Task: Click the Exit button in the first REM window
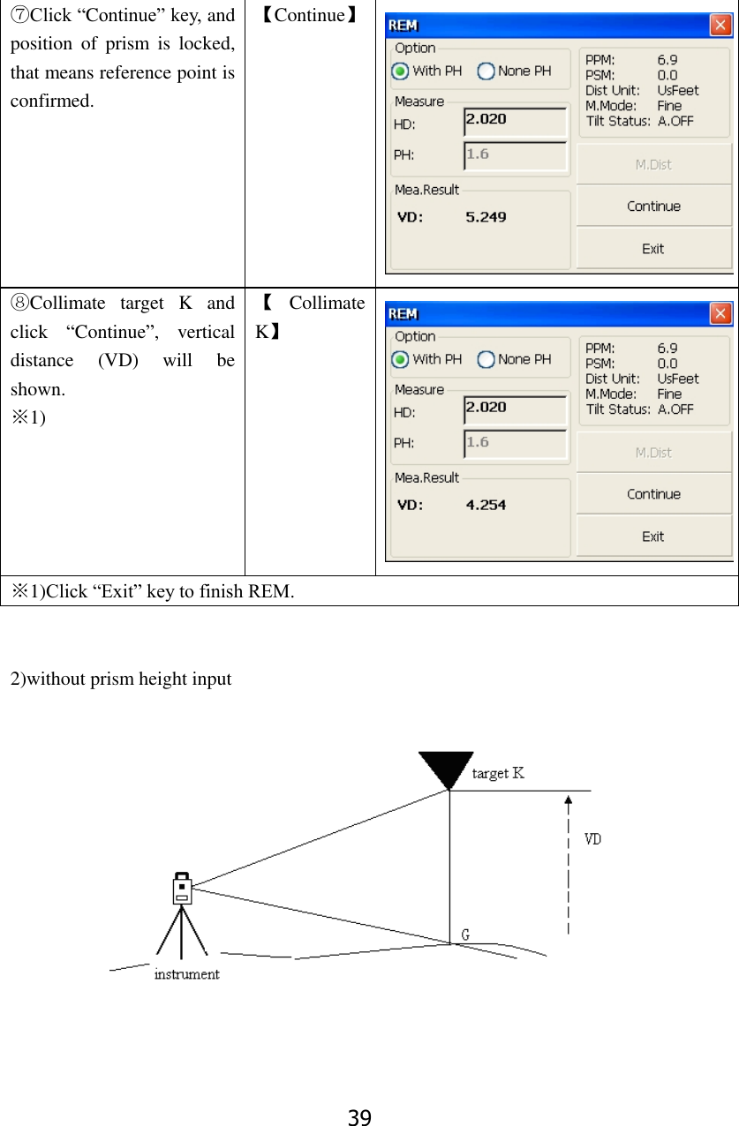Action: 652,249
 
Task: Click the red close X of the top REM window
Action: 720,26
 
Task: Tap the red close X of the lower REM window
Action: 720,314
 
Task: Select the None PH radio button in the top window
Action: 486,71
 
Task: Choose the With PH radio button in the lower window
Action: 400,359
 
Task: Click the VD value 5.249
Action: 486,217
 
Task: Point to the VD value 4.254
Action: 486,505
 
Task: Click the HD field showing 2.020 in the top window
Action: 515,120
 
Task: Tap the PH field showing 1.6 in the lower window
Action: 515,443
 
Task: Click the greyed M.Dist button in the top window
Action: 652,164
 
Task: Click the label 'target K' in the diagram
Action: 498,774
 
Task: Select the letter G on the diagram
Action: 465,935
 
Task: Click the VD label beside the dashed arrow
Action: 592,839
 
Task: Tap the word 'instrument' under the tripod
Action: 186,974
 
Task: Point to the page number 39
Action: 359,1118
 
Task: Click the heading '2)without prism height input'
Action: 121,679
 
